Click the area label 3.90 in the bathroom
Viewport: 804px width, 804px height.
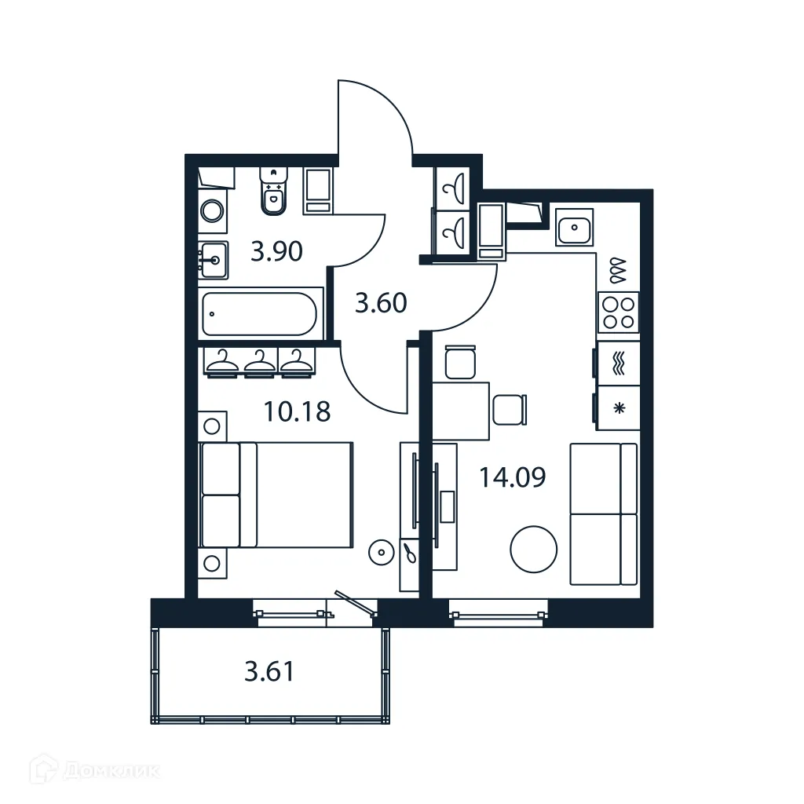(x=276, y=252)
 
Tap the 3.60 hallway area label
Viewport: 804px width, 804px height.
(x=381, y=302)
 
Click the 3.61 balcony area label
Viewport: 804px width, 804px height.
(x=269, y=672)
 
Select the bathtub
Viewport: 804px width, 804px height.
(x=260, y=314)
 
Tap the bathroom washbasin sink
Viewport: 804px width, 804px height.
(x=212, y=258)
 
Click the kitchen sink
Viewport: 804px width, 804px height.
(x=575, y=228)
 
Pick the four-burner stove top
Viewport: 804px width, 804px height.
(x=618, y=312)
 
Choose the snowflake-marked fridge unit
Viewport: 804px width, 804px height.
(x=618, y=408)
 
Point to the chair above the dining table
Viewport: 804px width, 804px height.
(x=459, y=363)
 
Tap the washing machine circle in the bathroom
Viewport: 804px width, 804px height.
(x=211, y=210)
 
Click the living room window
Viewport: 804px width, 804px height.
(x=498, y=612)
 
